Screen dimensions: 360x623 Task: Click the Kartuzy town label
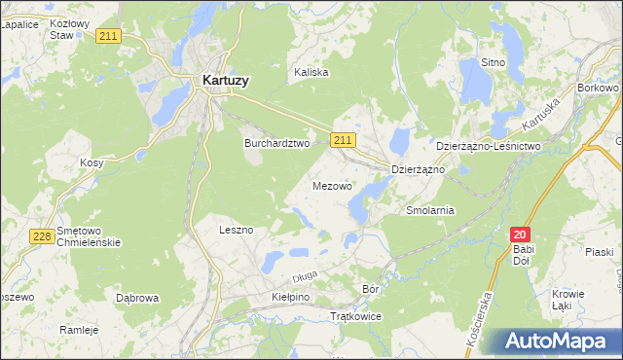(225, 82)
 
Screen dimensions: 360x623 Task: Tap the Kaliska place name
(311, 72)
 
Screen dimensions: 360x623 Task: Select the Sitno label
(493, 62)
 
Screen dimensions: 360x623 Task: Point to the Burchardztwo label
(275, 142)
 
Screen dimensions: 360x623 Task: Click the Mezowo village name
(333, 185)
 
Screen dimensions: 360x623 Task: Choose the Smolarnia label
(430, 209)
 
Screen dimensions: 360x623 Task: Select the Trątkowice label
(356, 317)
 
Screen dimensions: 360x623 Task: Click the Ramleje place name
(79, 330)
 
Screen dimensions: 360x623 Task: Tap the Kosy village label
(92, 163)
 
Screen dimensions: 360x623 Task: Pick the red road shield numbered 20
(521, 234)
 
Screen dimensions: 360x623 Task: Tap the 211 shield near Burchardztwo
(342, 141)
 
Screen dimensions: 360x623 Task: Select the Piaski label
(599, 252)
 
